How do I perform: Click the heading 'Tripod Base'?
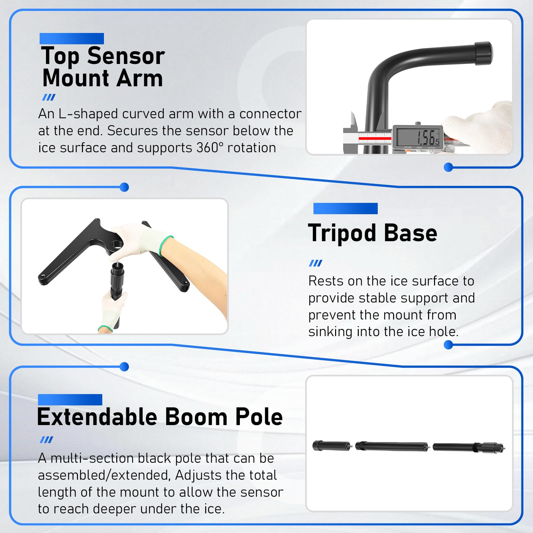[372, 233]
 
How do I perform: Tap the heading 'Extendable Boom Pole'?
[160, 417]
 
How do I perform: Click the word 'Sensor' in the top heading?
[126, 56]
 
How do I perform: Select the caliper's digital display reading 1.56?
[418, 137]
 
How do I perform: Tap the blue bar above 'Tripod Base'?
[345, 209]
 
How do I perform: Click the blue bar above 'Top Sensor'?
[72, 39]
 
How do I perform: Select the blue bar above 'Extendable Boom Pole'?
[70, 400]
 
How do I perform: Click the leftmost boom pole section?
[332, 446]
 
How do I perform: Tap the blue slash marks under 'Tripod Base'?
[315, 263]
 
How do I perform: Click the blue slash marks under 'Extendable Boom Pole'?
[46, 440]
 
